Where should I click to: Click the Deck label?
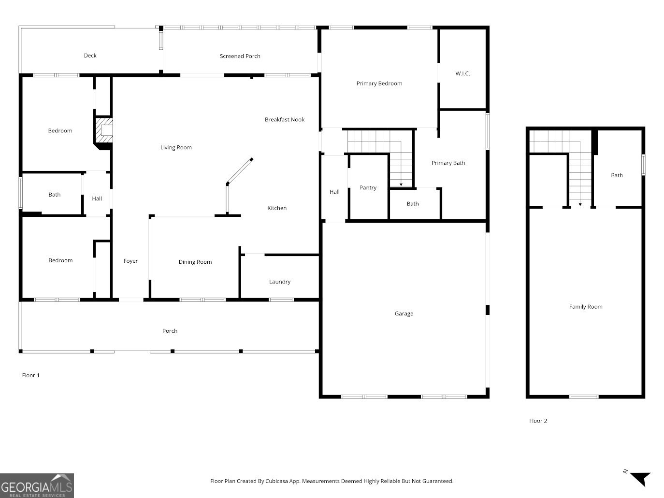90,56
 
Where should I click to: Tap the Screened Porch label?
240,56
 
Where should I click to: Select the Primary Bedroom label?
379,84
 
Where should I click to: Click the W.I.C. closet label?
462,74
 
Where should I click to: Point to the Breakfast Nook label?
284,120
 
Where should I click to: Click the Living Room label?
176,148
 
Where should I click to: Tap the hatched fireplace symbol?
103,131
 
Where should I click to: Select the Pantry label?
368,188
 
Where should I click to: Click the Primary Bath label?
448,163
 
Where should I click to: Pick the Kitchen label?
277,208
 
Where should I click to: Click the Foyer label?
130,261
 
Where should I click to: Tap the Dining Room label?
195,262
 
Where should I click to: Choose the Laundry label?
280,282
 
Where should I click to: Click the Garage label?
404,314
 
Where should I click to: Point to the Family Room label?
585,307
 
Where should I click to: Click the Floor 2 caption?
538,421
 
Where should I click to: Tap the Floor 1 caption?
31,375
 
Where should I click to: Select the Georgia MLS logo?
37,485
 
